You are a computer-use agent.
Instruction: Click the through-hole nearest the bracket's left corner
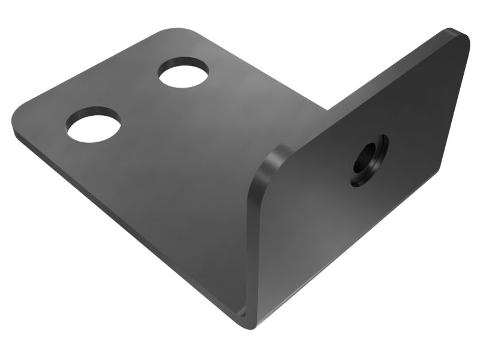[x=93, y=124]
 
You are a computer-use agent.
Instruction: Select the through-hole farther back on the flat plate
[x=184, y=72]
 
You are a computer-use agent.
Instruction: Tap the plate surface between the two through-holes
[x=138, y=99]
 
